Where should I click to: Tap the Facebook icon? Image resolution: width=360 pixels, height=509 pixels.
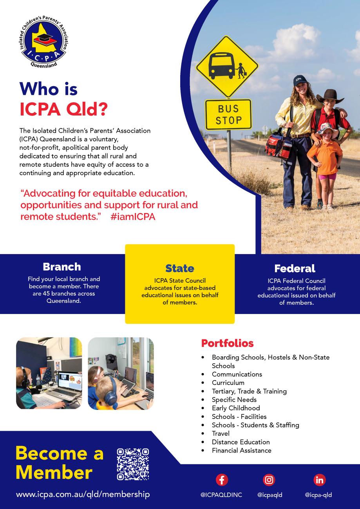coord(222,480)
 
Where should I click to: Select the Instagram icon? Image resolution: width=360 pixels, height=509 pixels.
coord(269,480)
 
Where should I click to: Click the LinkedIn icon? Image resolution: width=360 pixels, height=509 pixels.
coord(320,480)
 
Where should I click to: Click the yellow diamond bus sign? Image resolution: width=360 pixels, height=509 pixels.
coord(227,67)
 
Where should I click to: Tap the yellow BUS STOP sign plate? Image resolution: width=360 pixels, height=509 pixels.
coord(228,114)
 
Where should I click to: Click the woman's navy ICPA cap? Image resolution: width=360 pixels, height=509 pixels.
coord(300,80)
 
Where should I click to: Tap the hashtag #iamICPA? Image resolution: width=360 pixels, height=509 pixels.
coord(133,217)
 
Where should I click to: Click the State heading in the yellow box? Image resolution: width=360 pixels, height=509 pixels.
coord(180,268)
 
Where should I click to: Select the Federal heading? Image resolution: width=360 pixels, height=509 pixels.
coord(295,269)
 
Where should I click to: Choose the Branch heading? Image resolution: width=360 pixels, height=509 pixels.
coord(62,267)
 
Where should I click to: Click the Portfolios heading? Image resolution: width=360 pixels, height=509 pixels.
coord(227,343)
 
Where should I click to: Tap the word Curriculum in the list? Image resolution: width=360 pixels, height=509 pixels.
coord(228,383)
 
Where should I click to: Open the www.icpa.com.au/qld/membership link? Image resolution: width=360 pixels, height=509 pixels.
coord(83,495)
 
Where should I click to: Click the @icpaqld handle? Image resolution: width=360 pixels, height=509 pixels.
coord(270,495)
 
